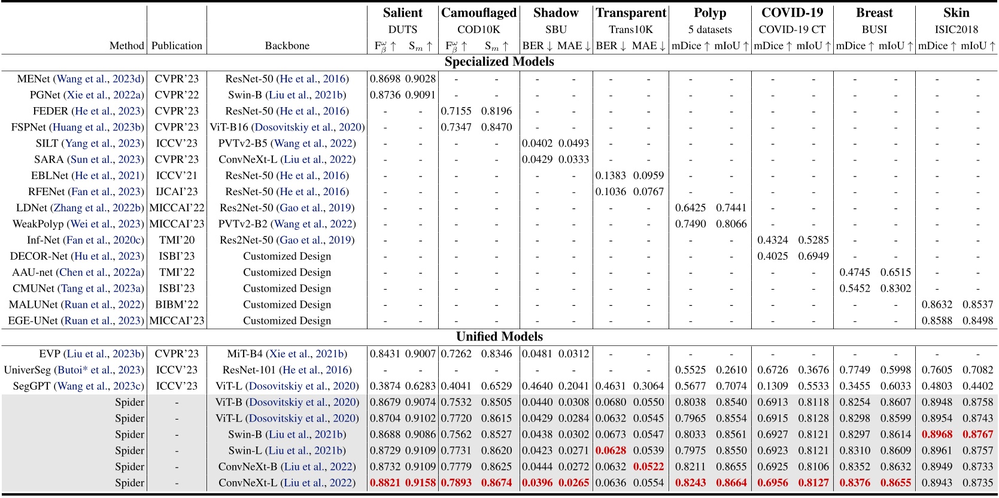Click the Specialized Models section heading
coord(499,62)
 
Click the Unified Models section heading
coord(499,336)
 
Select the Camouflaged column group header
coord(478,13)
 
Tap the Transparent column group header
coord(631,13)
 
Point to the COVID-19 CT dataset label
coord(792,29)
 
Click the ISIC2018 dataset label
coord(956,29)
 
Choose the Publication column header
coord(177,45)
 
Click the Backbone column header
coord(287,45)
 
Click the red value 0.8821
coord(386,483)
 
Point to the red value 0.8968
coord(937,435)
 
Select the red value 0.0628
coord(611,451)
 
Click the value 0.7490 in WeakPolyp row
coord(690,224)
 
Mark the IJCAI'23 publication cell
coord(177,192)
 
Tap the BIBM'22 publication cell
coord(177,305)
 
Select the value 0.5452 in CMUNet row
coord(854,289)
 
